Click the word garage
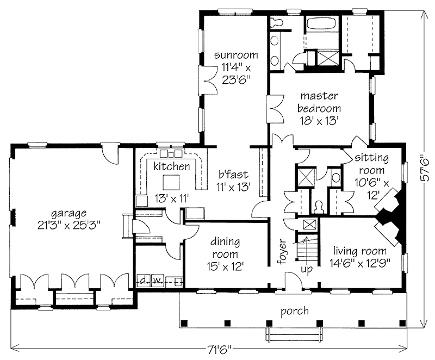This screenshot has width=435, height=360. coord(69,214)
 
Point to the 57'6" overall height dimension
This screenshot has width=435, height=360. coord(425,169)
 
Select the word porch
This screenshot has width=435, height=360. coord(294,311)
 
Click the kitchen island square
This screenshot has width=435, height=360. coord(171,182)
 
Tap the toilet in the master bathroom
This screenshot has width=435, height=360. coord(276,22)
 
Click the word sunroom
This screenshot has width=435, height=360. coord(236,55)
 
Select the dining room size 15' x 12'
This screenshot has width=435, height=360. coord(225,266)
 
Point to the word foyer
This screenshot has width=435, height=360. coord(282,251)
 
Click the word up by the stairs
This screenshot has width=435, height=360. coord(307,269)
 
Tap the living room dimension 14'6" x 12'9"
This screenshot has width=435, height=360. coord(360,263)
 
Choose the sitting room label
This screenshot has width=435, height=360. coord(371,164)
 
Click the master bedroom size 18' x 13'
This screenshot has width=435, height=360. coord(319,121)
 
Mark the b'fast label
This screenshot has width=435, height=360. coord(233,175)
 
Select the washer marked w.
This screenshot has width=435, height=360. coord(158,281)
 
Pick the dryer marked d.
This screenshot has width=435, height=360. coord(144,281)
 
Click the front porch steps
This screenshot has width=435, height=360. coord(294,334)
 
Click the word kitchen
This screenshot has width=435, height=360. coord(172,166)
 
